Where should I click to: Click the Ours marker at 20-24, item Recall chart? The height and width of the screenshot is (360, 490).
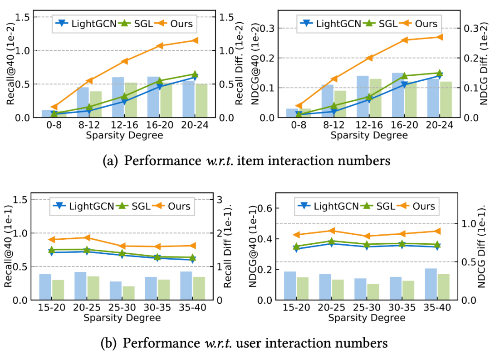[x=195, y=40]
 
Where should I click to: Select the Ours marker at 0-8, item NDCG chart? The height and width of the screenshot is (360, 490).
[x=299, y=106]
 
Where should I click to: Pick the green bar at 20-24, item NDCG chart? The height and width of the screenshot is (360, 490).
[x=446, y=99]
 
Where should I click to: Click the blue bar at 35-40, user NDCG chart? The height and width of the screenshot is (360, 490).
[x=431, y=284]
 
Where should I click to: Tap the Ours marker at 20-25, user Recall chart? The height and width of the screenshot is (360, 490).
[x=88, y=237]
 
